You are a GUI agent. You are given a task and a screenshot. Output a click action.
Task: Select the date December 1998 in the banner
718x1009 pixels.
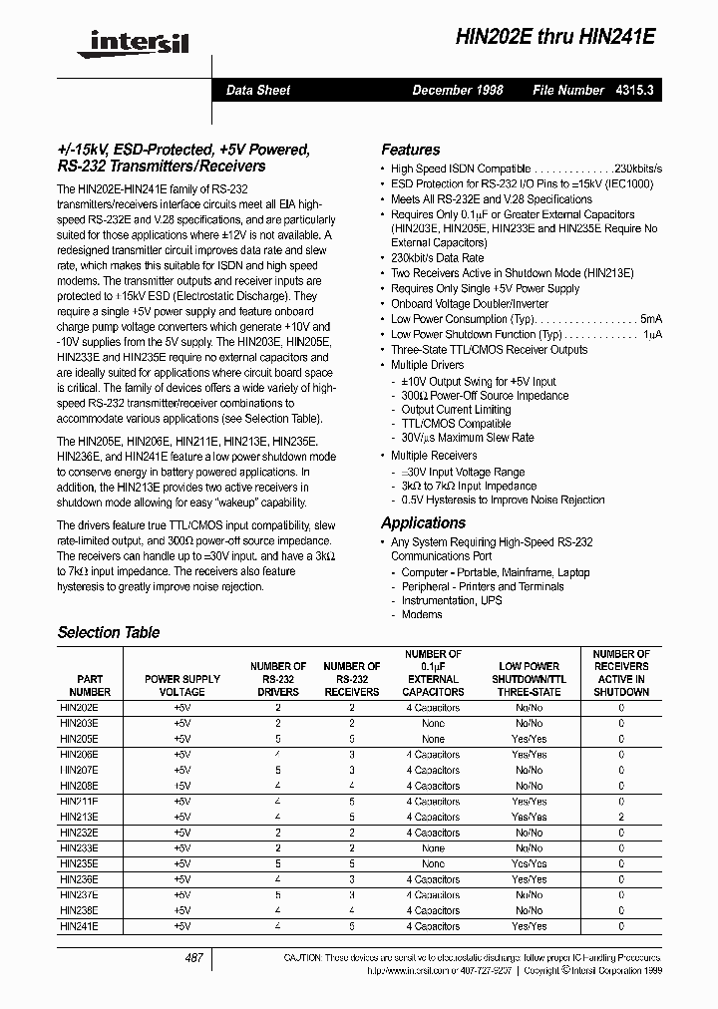tap(458, 90)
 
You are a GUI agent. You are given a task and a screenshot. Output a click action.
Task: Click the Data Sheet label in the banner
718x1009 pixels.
tap(257, 90)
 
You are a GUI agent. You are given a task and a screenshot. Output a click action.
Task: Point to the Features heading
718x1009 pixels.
tap(410, 150)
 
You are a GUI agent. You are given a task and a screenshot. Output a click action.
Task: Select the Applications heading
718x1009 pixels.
tap(423, 522)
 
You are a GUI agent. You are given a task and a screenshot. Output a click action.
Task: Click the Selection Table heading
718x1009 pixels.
tap(108, 632)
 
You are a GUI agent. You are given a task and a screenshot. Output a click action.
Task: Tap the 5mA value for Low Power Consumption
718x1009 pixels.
tap(650, 319)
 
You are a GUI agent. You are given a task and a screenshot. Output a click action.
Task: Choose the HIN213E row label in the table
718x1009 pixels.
tap(79, 817)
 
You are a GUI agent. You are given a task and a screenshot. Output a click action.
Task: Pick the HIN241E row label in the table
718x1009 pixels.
tap(79, 926)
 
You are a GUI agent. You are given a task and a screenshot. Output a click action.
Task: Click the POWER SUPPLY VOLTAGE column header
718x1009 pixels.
tap(181, 685)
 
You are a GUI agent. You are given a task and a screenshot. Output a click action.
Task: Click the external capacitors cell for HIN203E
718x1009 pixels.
tap(433, 723)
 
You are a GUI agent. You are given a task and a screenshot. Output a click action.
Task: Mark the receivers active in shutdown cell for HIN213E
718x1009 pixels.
tap(621, 817)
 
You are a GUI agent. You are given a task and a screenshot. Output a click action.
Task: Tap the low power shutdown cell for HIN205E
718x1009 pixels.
tap(529, 739)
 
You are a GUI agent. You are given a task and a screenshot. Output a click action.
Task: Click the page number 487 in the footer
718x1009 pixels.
tap(194, 958)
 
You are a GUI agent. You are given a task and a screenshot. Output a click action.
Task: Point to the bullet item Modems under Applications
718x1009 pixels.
tap(421, 615)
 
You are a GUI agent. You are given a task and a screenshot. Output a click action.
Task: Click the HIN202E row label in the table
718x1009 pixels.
tap(79, 708)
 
